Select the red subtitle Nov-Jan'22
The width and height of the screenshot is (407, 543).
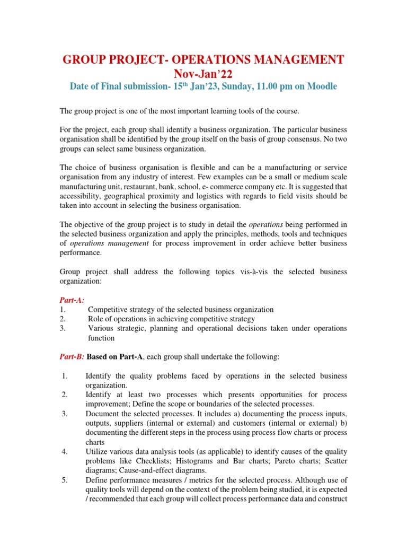(203, 73)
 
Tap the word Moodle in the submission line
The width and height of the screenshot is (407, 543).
(320, 87)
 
